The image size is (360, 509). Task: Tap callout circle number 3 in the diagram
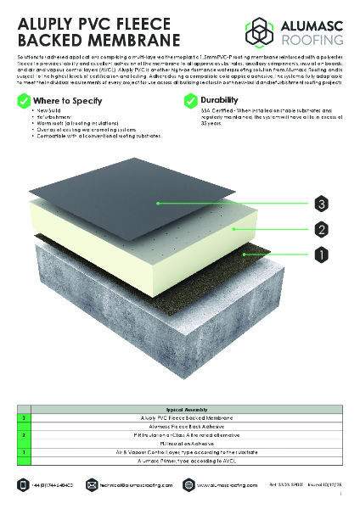tap(321, 204)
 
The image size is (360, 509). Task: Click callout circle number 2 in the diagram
tap(321, 228)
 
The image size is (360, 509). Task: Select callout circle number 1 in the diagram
tap(321, 253)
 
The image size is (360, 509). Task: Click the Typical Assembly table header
tap(181, 408)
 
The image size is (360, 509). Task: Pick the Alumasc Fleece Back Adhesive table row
tap(181, 427)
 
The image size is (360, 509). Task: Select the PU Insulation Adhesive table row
tap(181, 444)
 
